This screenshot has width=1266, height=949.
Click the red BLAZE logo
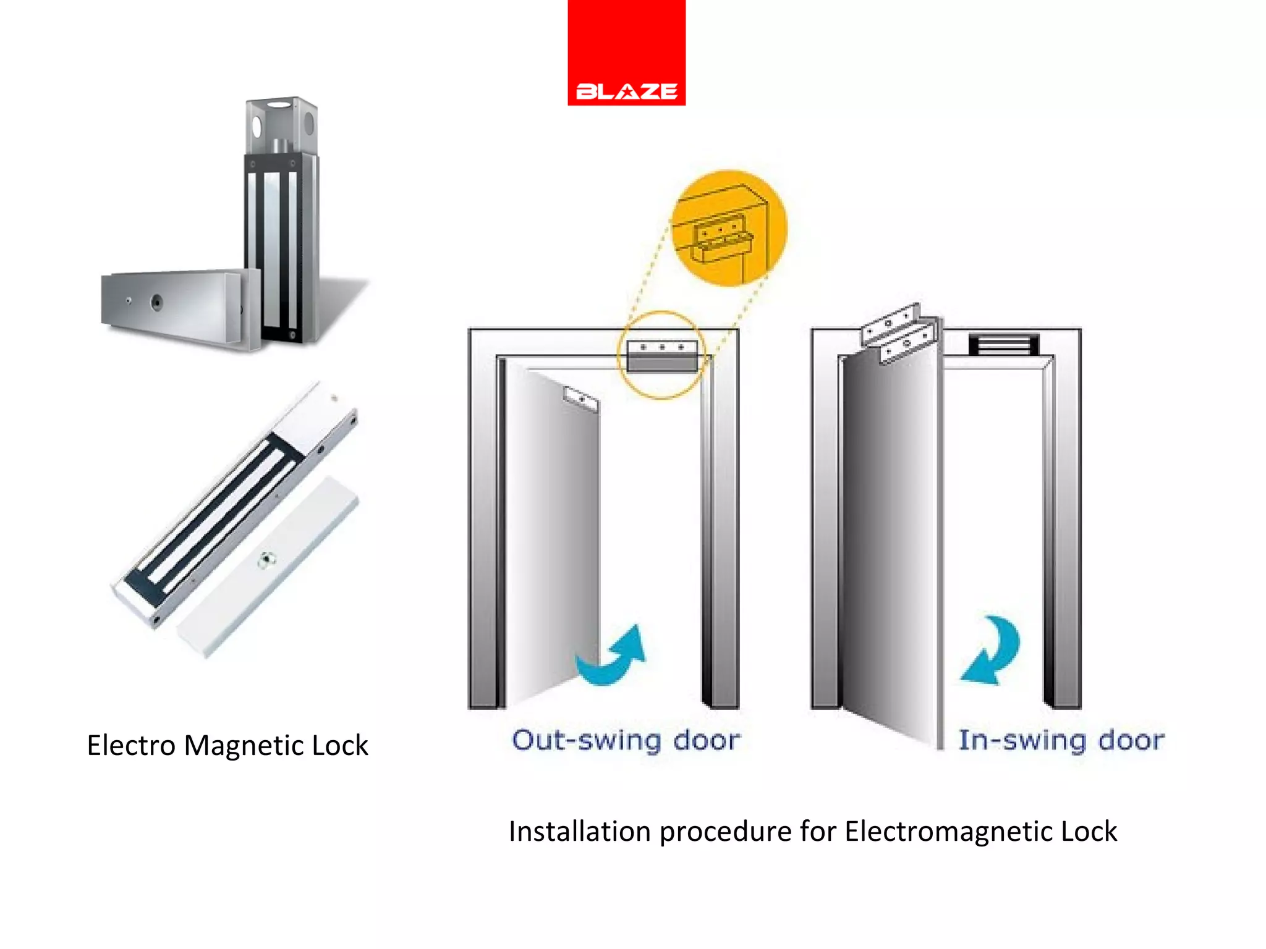626,53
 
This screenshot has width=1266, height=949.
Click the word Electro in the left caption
132,745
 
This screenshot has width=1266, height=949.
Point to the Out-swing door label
626,740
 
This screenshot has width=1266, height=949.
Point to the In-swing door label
1061,740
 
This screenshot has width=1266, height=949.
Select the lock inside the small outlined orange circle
662,356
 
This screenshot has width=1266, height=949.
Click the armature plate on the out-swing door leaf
581,399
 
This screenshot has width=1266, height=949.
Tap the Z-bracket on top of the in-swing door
899,334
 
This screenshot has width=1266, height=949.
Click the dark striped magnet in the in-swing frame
1003,344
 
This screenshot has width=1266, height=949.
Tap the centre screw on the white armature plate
266,560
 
